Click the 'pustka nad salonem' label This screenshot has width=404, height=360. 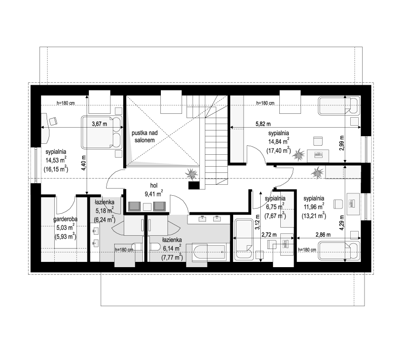tap(145, 137)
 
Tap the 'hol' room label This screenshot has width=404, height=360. tap(154, 185)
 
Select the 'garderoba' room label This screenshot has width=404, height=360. tap(65, 219)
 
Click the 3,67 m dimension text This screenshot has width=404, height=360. tap(99, 124)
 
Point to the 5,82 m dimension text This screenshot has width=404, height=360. tap(263, 124)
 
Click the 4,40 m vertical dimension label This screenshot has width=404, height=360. tap(83, 163)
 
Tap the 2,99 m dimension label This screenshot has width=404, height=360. tap(342, 143)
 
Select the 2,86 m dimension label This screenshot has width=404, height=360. tap(323, 235)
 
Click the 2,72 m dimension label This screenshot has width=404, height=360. tap(269, 235)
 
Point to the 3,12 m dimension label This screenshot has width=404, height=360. tap(257, 222)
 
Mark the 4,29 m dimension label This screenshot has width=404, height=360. tap(342, 222)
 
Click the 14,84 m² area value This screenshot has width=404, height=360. tap(278, 141)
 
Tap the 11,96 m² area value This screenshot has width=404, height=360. tap(314, 207)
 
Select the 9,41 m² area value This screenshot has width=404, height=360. tap(154, 194)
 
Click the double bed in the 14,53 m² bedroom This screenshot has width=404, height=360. tap(102, 132)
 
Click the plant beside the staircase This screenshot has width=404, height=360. tap(192, 173)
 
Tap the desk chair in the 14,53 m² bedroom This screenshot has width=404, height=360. tap(53, 121)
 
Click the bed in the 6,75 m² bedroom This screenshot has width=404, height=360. tap(244, 240)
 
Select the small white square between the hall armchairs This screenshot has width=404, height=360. tap(147, 207)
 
